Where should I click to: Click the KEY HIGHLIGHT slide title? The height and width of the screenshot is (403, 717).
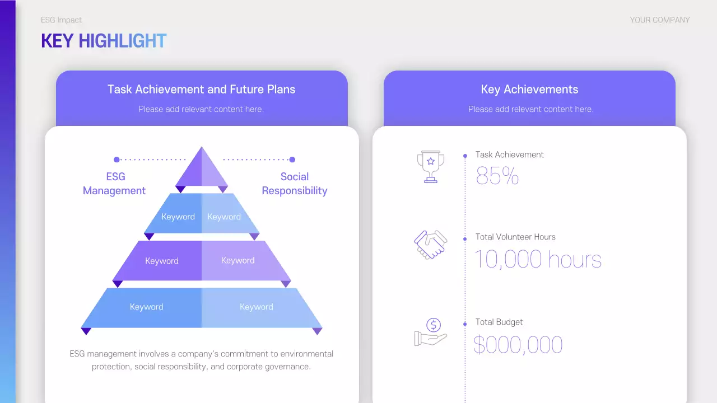pyautogui.click(x=104, y=41)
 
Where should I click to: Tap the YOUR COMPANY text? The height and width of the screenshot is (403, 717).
pyautogui.click(x=659, y=20)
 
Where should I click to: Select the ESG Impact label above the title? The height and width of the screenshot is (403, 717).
pyautogui.click(x=61, y=20)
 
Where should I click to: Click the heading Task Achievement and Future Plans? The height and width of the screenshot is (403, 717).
pyautogui.click(x=201, y=90)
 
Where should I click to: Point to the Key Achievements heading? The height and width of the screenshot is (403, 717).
pyautogui.click(x=529, y=90)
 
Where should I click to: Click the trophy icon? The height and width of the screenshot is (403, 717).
pyautogui.click(x=430, y=166)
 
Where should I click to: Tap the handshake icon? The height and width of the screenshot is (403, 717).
pyautogui.click(x=430, y=245)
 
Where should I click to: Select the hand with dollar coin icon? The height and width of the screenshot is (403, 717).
pyautogui.click(x=431, y=332)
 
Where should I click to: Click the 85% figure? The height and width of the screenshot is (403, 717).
pyautogui.click(x=497, y=176)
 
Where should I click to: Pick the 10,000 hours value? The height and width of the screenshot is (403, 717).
pyautogui.click(x=538, y=260)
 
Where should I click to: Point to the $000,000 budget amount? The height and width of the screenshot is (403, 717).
pyautogui.click(x=518, y=345)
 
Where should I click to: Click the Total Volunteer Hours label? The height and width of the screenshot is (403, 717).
pyautogui.click(x=515, y=237)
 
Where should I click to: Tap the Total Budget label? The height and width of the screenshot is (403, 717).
pyautogui.click(x=499, y=322)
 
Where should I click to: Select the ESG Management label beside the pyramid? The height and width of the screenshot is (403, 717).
pyautogui.click(x=114, y=184)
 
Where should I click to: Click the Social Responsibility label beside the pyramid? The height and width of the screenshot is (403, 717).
pyautogui.click(x=294, y=184)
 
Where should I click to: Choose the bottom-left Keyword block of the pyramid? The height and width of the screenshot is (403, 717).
pyautogui.click(x=146, y=307)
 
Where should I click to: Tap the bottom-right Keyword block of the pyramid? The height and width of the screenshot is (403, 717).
pyautogui.click(x=257, y=307)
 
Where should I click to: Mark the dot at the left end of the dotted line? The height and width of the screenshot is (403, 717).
pyautogui.click(x=117, y=160)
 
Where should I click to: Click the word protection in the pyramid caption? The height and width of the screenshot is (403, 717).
pyautogui.click(x=111, y=367)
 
